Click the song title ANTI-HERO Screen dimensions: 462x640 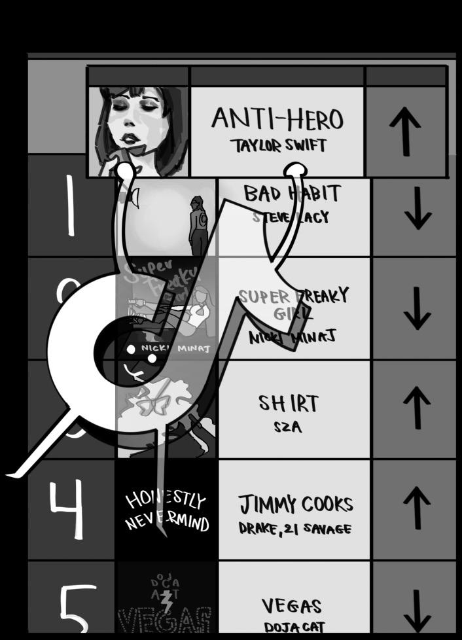277,119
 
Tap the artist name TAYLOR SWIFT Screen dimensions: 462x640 277,145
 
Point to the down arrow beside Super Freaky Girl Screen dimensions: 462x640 417,307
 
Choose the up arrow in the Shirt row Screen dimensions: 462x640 417,407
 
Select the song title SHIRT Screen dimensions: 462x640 288,403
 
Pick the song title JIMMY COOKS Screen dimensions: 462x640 295,505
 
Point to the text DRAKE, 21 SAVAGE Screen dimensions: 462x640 295,529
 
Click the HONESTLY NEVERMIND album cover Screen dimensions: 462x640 167,511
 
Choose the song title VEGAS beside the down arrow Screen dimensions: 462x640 291,606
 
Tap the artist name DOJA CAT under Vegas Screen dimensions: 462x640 294,627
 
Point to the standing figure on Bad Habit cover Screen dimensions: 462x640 198,226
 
